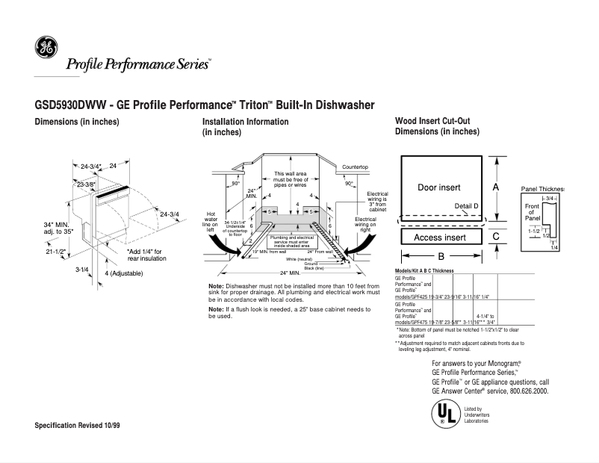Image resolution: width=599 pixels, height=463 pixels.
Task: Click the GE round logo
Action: (46, 49)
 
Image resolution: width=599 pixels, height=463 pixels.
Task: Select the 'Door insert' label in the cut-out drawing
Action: (438, 187)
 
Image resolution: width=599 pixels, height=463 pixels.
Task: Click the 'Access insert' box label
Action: (439, 237)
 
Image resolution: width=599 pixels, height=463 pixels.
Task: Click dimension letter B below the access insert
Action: (441, 256)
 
